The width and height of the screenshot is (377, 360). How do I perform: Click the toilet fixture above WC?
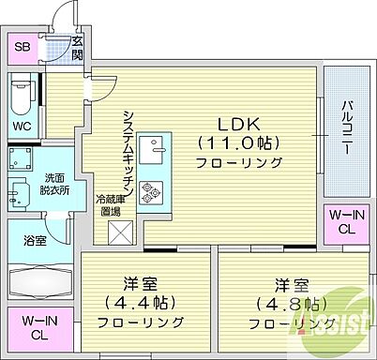pos(23,96)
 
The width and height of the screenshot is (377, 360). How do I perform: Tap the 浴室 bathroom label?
pos(35,241)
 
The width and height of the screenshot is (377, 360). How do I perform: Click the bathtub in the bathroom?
pos(40,282)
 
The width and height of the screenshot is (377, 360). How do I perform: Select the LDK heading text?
pos(239,123)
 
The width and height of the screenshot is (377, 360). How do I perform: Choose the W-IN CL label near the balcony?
pos(346,222)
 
